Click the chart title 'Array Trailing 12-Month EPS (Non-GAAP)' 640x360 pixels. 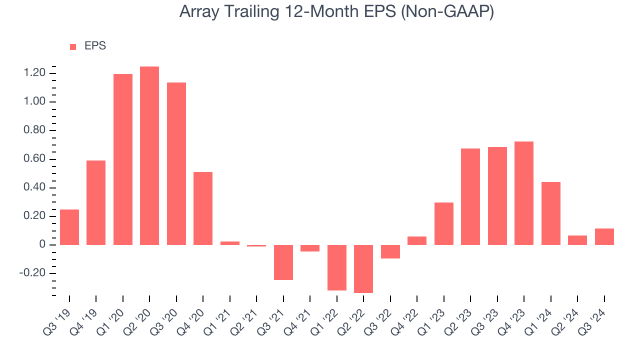coord(336,11)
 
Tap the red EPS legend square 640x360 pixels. coord(73,47)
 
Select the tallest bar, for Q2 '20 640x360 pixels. coord(149,155)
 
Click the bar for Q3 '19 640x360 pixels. coord(69,227)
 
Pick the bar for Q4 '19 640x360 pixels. coord(96,202)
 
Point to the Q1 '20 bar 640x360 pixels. coord(123,159)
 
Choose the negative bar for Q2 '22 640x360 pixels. coord(363,269)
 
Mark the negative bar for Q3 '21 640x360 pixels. coord(283,262)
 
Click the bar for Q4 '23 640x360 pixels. coord(524,193)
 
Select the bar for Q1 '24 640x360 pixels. coord(551,213)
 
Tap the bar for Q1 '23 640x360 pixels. coord(444,223)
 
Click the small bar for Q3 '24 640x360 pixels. coord(604,236)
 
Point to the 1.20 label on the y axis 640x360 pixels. coord(34,73)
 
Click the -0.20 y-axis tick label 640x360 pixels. coord(32,273)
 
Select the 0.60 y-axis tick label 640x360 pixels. coord(34,158)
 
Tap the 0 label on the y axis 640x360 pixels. coord(42,244)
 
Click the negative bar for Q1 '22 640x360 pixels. coord(337,267)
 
